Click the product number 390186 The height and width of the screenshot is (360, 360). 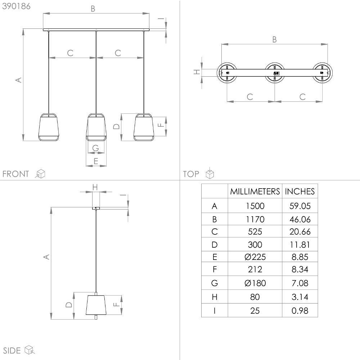[x=17, y=6]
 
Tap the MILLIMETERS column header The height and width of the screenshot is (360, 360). [x=255, y=191]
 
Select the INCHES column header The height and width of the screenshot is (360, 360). [x=300, y=191]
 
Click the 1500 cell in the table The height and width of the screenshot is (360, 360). [x=255, y=206]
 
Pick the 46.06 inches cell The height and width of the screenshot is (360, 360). [x=300, y=219]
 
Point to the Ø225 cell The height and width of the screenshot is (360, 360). [x=255, y=257]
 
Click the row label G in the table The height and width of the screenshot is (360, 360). [x=215, y=283]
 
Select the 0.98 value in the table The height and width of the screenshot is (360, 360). [x=300, y=310]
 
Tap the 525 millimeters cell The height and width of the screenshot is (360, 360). [x=255, y=231]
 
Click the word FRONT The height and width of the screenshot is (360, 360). [x=15, y=174]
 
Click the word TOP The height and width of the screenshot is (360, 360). [x=191, y=174]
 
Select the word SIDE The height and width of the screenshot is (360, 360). [x=11, y=350]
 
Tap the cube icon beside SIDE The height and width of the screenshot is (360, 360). [x=29, y=350]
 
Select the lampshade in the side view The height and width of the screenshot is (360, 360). [x=96, y=305]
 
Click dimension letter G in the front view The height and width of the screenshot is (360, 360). [x=95, y=148]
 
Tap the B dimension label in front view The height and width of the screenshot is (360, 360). [x=93, y=9]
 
